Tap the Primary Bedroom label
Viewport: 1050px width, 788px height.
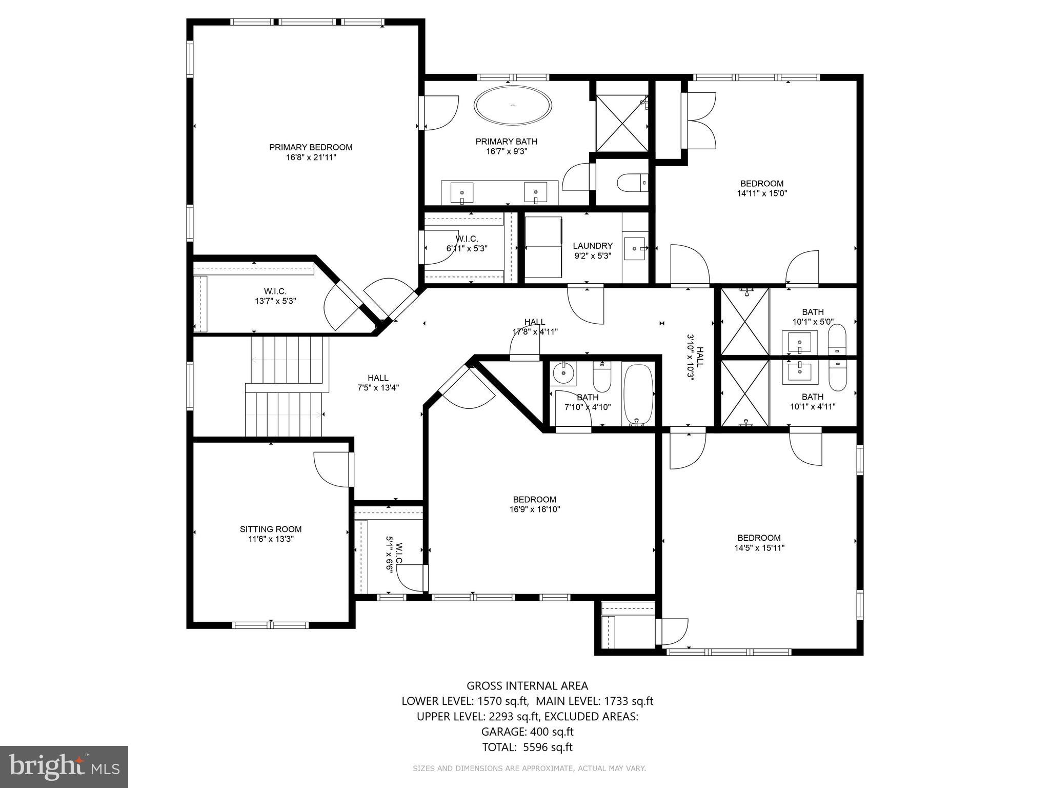tap(311, 148)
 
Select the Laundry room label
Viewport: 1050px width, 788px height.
tap(593, 246)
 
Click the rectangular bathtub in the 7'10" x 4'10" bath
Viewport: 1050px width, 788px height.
tap(638, 394)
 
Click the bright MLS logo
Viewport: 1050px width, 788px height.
tap(64, 767)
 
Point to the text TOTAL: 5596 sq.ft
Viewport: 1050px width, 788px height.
tap(527, 747)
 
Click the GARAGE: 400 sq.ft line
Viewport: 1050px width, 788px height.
tap(527, 732)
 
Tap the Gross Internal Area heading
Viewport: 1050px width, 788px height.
tap(527, 686)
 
